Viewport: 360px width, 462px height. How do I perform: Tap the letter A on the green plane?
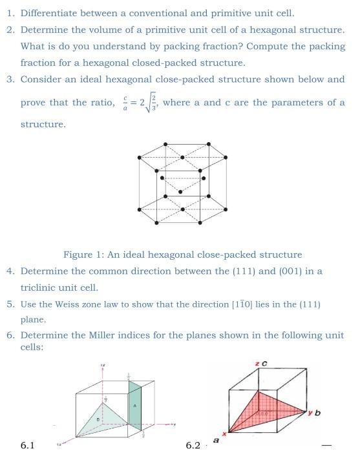pos(135,405)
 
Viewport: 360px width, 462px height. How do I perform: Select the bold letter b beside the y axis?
pos(317,413)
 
